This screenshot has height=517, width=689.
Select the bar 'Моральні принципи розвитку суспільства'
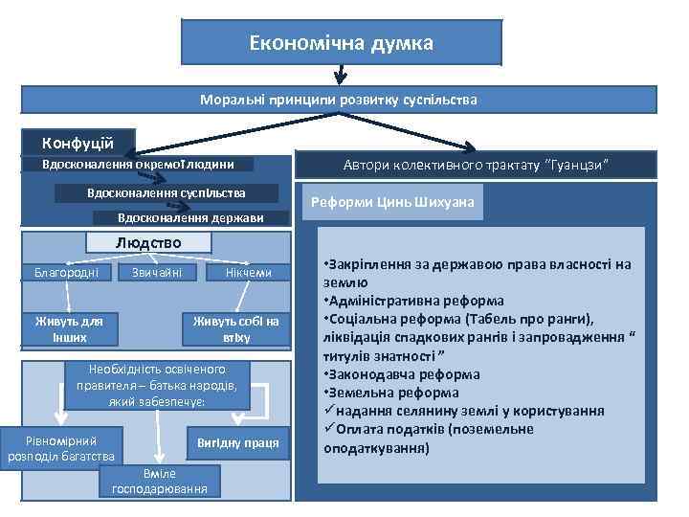click(x=339, y=100)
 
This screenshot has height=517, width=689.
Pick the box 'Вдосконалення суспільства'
click(x=167, y=193)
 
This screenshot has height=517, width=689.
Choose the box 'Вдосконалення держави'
click(x=190, y=218)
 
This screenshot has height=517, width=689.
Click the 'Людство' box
click(x=148, y=243)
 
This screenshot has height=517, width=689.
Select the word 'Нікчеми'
click(x=249, y=273)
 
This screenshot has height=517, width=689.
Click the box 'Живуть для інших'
click(x=69, y=328)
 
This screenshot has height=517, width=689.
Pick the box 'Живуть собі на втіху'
click(x=236, y=328)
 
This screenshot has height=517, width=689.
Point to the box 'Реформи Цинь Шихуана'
click(x=393, y=203)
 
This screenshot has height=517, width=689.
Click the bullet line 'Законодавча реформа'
click(x=401, y=374)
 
